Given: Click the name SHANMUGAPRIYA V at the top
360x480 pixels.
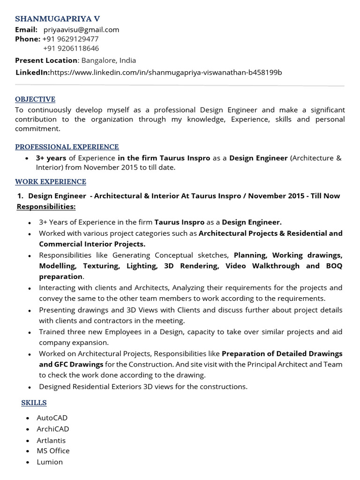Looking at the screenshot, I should [57, 19].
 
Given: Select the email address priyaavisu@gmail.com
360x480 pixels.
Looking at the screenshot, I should [81, 30].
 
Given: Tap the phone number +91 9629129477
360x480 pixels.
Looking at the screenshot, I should [70, 39].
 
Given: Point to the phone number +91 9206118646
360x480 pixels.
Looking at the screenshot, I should [71, 48].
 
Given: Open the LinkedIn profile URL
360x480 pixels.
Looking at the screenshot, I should [165, 72].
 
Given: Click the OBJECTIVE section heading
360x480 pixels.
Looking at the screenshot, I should [35, 99].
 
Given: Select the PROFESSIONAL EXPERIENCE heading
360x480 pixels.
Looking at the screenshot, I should [67, 147].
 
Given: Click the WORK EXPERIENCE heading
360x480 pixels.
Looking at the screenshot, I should [51, 182].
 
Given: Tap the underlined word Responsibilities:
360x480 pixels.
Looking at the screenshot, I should [46, 207].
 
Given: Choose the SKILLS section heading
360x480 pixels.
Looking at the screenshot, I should [34, 403].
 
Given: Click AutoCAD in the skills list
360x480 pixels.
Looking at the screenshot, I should [52, 418].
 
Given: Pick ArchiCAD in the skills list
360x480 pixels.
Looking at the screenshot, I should [52, 429].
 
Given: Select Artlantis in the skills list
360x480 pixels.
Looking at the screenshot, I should [51, 440].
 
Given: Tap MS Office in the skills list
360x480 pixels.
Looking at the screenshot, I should [53, 451].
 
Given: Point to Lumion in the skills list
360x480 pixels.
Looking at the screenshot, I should [50, 462].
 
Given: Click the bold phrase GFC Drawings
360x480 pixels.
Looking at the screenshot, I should [70, 364].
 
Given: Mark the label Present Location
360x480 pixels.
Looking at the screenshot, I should [46, 60].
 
